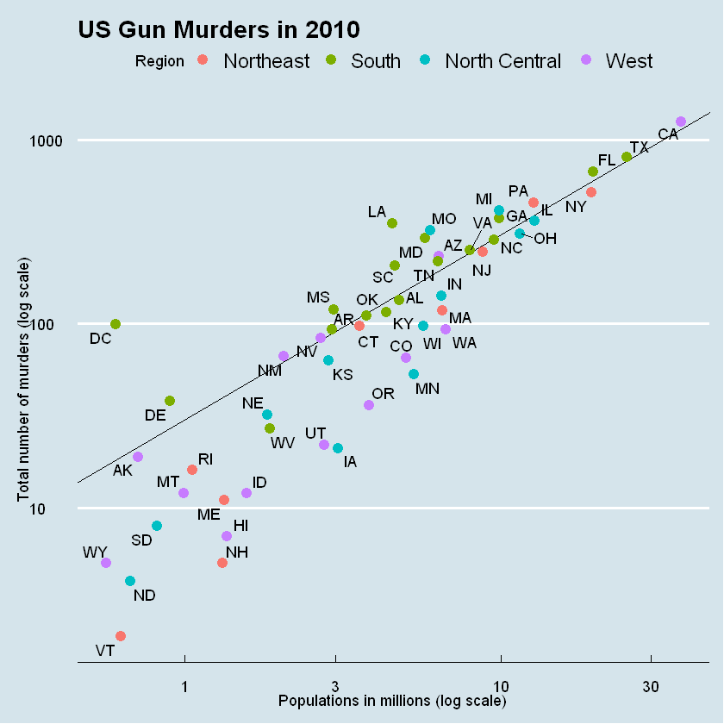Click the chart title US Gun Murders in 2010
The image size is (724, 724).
click(x=218, y=30)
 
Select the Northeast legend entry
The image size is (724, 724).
click(x=265, y=61)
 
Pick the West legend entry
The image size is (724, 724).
click(x=629, y=61)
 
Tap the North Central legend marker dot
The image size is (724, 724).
click(x=426, y=60)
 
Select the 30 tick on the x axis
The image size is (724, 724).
click(x=651, y=686)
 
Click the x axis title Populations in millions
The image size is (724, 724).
click(x=392, y=701)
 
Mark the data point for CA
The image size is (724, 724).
click(x=680, y=122)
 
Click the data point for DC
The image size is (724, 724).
click(x=115, y=324)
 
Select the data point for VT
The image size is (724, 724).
click(x=121, y=636)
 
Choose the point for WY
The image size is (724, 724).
click(x=106, y=563)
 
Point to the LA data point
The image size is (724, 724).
click(x=392, y=223)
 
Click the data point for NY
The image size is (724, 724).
click(x=590, y=192)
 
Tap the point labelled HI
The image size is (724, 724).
click(x=227, y=536)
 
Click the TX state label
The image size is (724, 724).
click(x=639, y=147)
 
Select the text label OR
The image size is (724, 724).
click(x=384, y=394)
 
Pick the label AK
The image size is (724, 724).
click(x=123, y=471)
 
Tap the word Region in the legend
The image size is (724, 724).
click(x=159, y=61)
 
